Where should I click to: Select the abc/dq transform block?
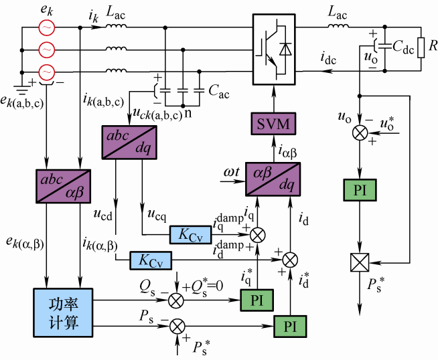click(x=126, y=143)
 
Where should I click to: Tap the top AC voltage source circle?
click(x=47, y=27)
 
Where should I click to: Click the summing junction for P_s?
click(x=177, y=326)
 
